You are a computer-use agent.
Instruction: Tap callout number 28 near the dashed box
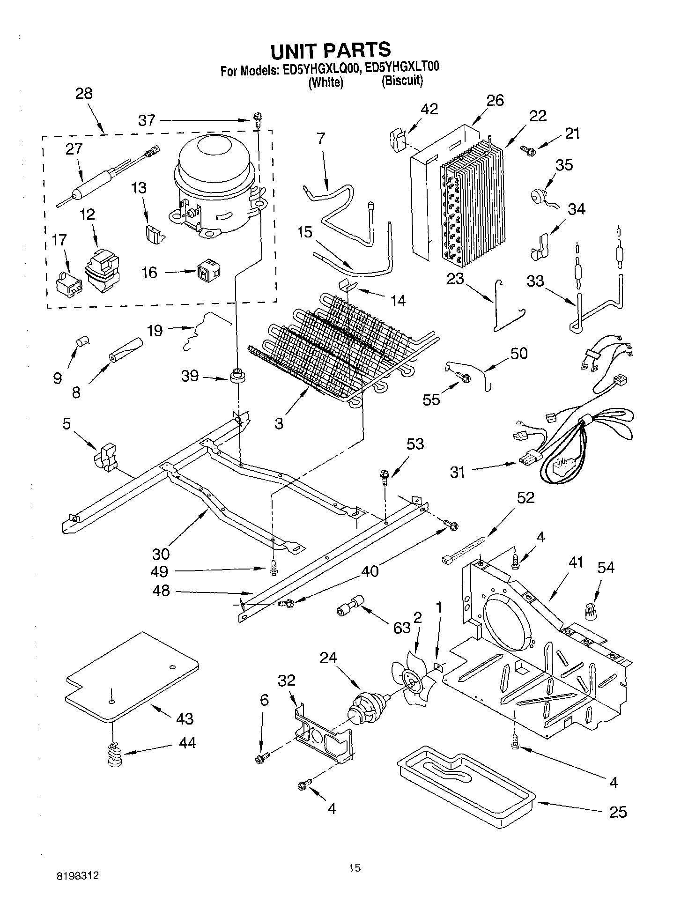(84, 93)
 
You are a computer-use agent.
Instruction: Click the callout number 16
(150, 273)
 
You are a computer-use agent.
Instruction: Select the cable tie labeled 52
(464, 551)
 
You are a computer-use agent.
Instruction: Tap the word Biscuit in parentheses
(402, 81)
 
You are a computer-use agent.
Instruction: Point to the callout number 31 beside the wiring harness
(457, 472)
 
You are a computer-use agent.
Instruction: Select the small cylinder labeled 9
(83, 341)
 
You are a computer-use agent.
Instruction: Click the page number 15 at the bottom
(355, 868)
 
